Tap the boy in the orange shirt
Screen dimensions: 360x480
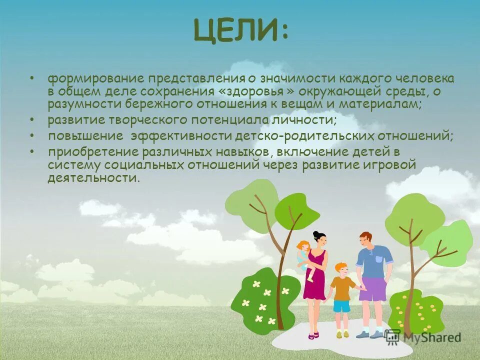(x=342, y=287)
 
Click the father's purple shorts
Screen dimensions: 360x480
(x=372, y=289)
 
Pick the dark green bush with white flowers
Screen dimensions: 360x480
(x=259, y=297)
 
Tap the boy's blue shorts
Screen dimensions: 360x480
(x=342, y=306)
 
